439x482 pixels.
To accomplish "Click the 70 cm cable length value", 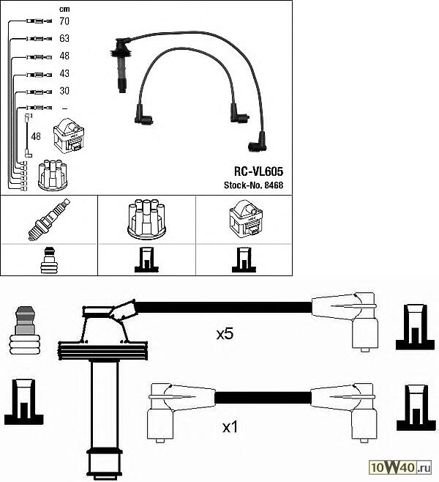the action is point(64,21).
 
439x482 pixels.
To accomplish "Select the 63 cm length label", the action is point(64,38).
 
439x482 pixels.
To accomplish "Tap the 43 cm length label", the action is point(64,73).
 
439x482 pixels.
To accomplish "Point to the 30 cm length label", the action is point(64,91).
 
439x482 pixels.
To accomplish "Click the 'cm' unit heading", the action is point(64,10).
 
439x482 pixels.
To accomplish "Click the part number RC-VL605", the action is point(258,171).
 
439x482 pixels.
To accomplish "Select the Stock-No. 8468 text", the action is point(254,185).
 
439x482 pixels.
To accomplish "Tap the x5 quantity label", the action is point(225,334).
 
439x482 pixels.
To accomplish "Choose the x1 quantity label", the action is point(230,427).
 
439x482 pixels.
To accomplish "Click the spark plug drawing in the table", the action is point(49,219).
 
